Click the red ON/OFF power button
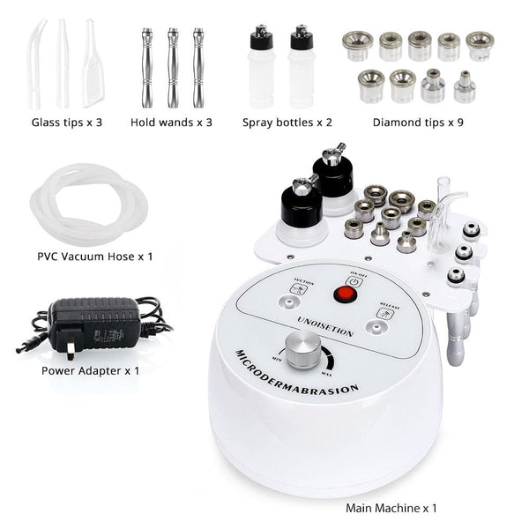click(338, 293)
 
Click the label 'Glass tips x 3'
click(67, 122)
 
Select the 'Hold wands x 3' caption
click(171, 122)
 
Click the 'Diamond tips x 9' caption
click(418, 122)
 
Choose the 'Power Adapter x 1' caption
click(90, 370)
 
